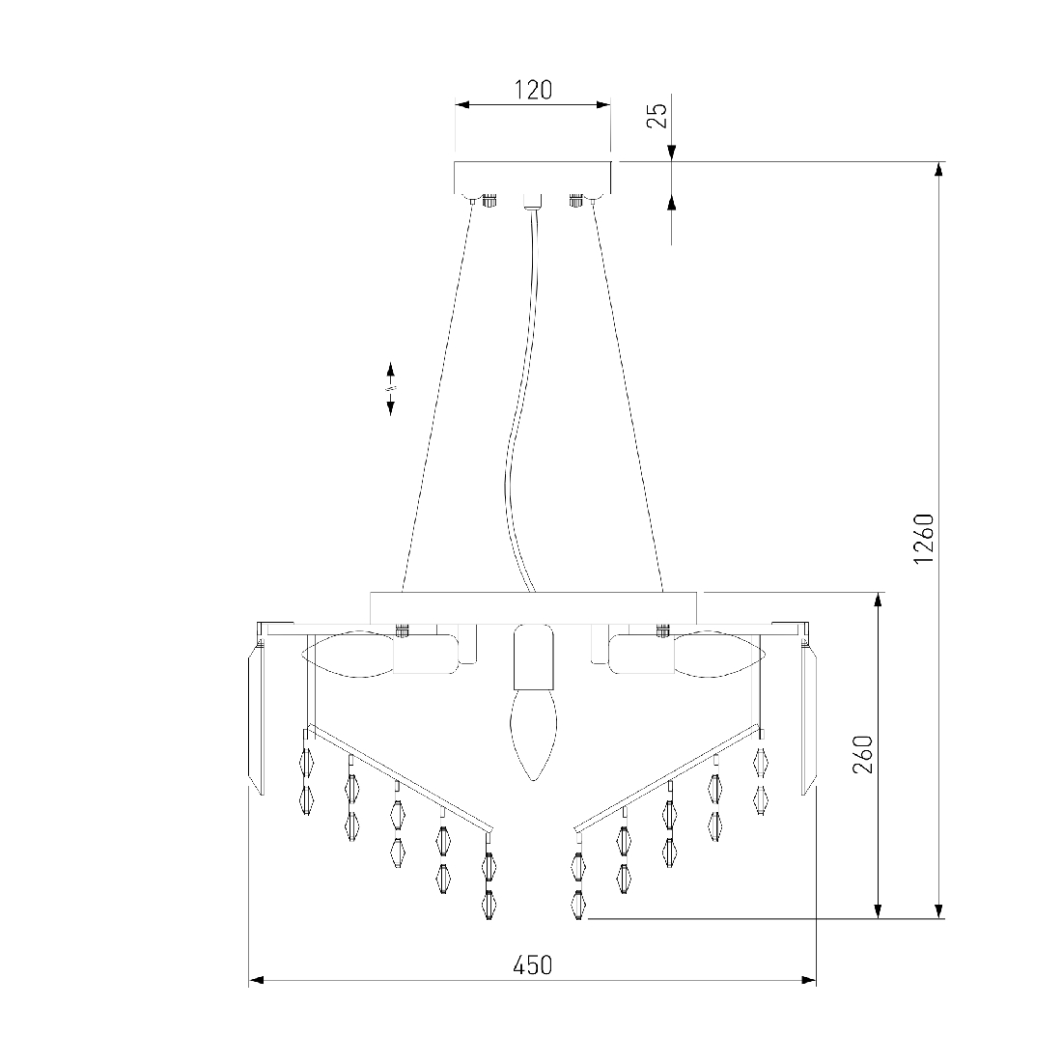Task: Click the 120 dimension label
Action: (x=534, y=90)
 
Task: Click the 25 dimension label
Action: (x=657, y=115)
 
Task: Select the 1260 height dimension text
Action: (x=924, y=539)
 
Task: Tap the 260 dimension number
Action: (x=863, y=755)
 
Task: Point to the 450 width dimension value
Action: (x=532, y=965)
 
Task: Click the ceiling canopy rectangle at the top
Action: (x=532, y=178)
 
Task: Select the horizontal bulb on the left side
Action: (x=347, y=654)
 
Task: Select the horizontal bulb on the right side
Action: (x=720, y=654)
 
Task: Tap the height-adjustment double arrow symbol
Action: (x=391, y=389)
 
